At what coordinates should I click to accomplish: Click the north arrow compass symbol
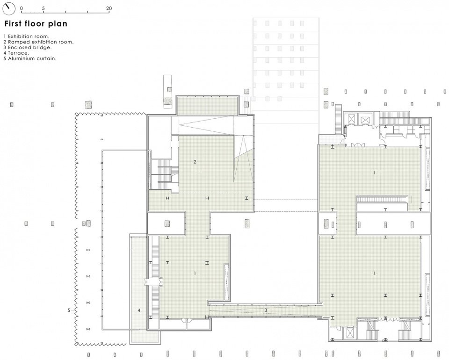[x=9, y=8]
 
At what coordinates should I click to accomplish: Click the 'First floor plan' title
[x=36, y=23]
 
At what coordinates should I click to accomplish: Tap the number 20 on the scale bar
[x=109, y=8]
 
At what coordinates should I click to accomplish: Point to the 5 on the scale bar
[x=43, y=8]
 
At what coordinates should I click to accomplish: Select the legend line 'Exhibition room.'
[x=29, y=36]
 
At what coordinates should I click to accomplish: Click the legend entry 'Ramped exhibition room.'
[x=41, y=42]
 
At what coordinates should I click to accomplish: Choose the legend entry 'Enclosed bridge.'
[x=30, y=48]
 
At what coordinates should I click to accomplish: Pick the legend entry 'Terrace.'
[x=18, y=53]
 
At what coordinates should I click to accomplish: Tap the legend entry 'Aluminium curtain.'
[x=32, y=58]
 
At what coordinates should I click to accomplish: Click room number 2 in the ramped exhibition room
[x=195, y=162]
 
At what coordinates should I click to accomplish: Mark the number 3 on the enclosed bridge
[x=266, y=310]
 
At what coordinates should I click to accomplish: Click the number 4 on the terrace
[x=139, y=310]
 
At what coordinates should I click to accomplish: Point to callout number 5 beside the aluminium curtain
[x=69, y=310]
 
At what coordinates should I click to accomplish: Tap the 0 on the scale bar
[x=22, y=8]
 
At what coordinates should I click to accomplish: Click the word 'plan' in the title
[x=58, y=24]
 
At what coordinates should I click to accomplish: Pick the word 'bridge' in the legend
[x=43, y=48]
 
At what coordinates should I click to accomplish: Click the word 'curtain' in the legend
[x=46, y=58]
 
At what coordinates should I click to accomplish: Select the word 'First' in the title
[x=13, y=23]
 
